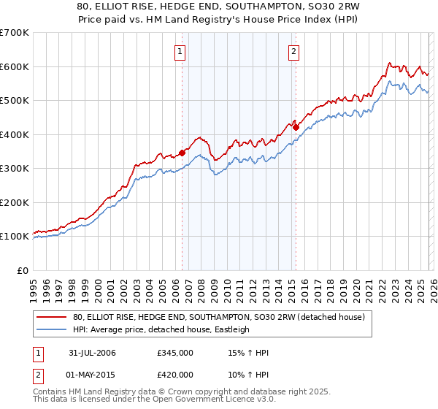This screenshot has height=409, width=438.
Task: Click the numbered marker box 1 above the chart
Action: click(x=180, y=51)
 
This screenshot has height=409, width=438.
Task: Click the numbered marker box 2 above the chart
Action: click(x=293, y=51)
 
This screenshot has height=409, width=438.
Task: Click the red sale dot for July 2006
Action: click(x=182, y=153)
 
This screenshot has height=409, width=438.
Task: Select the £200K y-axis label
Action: click(x=15, y=202)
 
